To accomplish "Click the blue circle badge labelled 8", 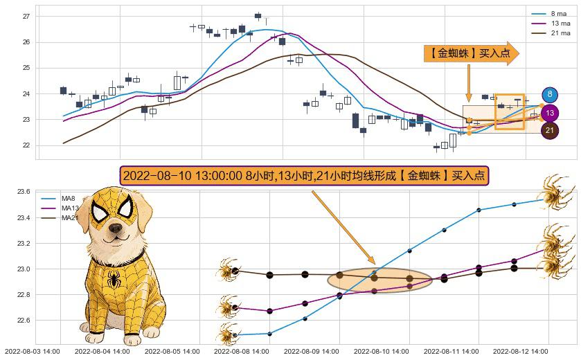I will click(x=550, y=95).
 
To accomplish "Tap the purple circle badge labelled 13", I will click(x=550, y=113).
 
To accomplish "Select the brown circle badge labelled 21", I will click(x=550, y=130).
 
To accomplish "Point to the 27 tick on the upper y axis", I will click(x=26, y=16).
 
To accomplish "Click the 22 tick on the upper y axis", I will click(x=26, y=145).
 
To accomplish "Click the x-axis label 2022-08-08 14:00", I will click(x=241, y=351).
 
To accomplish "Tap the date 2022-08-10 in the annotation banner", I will click(x=152, y=176).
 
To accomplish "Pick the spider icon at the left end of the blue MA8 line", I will click(x=227, y=334).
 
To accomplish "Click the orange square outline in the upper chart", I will click(x=509, y=111).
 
